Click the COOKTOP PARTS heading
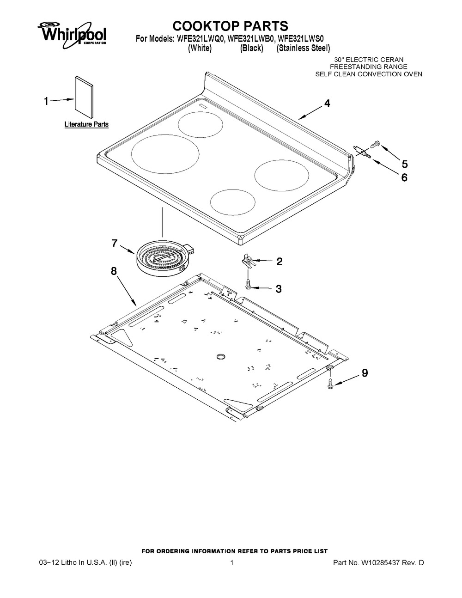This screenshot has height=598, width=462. (x=230, y=25)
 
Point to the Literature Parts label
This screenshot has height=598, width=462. (x=86, y=124)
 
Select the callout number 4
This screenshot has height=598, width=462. (x=327, y=104)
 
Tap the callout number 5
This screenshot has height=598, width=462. (x=404, y=164)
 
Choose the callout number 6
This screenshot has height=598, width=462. (x=404, y=177)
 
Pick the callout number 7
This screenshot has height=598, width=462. (x=115, y=244)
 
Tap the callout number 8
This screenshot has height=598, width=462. (x=114, y=272)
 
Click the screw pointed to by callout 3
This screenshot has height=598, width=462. (x=249, y=284)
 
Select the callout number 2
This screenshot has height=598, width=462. (x=279, y=262)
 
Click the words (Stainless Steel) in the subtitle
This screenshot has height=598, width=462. (x=303, y=48)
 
